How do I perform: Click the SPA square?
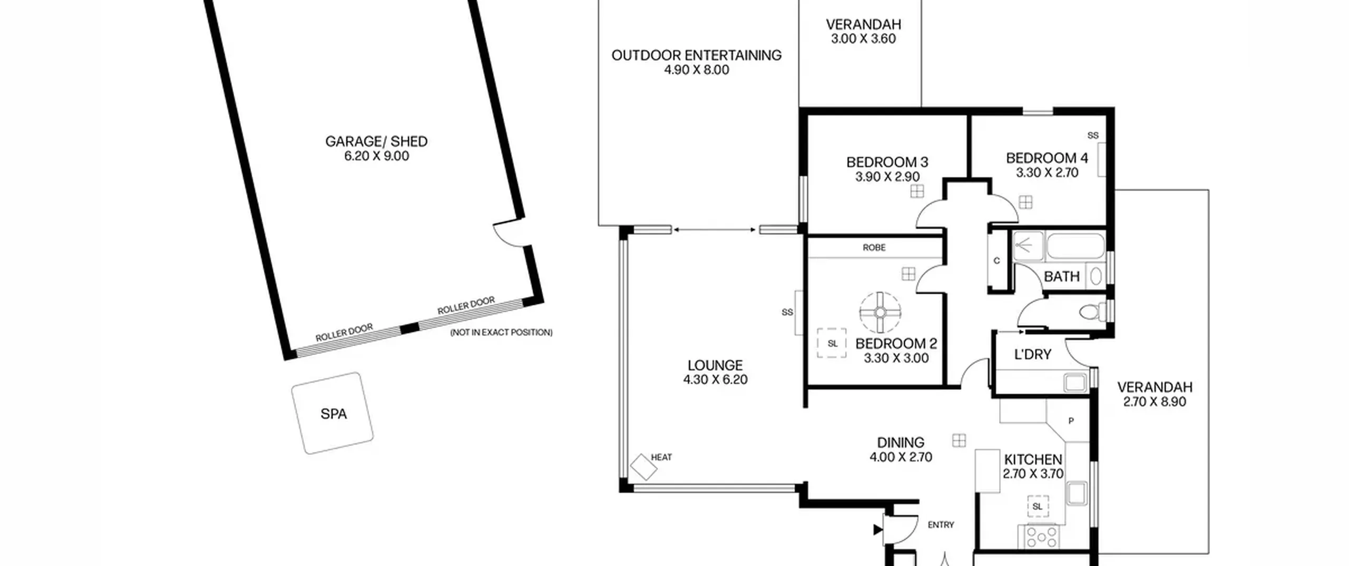[x=333, y=413]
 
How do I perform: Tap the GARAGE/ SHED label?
[x=376, y=141]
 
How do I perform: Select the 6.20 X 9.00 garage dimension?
[x=376, y=156]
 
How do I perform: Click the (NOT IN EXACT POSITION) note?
[x=501, y=332]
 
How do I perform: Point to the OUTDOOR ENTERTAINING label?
[x=696, y=55]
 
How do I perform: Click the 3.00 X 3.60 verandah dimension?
[x=863, y=39]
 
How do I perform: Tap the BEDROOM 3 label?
[x=887, y=162]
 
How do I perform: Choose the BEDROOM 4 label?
[x=1047, y=158]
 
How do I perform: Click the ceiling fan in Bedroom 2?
[x=880, y=313]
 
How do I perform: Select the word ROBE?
[x=874, y=247]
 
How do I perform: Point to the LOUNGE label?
[x=715, y=365]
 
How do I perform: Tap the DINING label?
[x=901, y=442]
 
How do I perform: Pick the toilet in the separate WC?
[x=1092, y=312]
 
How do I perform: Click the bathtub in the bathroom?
[x=1075, y=246]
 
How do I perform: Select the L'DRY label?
[x=1033, y=354]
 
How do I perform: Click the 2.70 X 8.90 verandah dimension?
[x=1155, y=402]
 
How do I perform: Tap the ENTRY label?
[x=941, y=525]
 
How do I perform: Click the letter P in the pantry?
[x=1071, y=421]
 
